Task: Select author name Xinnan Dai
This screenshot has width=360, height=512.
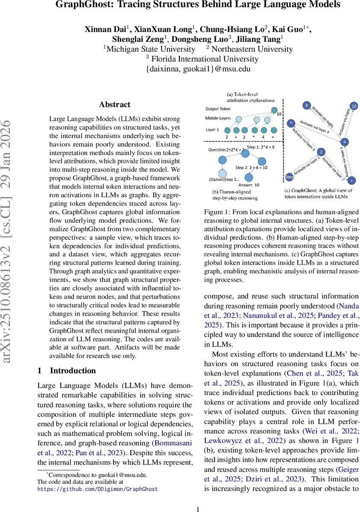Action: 104,29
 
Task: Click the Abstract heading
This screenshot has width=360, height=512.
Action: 114,105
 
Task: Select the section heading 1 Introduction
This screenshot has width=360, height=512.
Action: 67,370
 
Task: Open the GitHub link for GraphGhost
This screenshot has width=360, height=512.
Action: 97,489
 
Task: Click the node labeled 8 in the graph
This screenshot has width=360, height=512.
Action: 306,105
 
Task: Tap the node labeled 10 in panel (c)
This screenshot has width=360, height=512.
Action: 354,106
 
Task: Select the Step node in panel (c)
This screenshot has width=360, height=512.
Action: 289,176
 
